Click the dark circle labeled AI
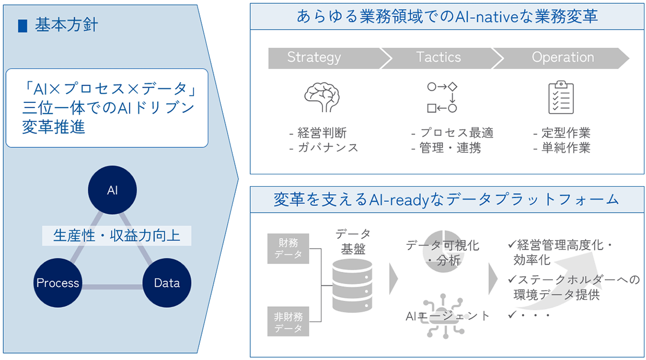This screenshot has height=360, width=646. point(112,190)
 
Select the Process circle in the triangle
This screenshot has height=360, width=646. point(58,283)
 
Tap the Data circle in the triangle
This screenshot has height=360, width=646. point(166,283)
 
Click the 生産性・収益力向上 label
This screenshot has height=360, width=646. point(117,236)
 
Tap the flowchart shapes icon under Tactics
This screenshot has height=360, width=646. point(442,97)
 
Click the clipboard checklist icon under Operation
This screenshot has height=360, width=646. point(561,97)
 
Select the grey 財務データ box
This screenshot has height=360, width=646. point(289,249)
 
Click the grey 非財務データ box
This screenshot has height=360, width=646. point(289,321)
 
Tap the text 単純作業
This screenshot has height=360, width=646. point(565,147)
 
